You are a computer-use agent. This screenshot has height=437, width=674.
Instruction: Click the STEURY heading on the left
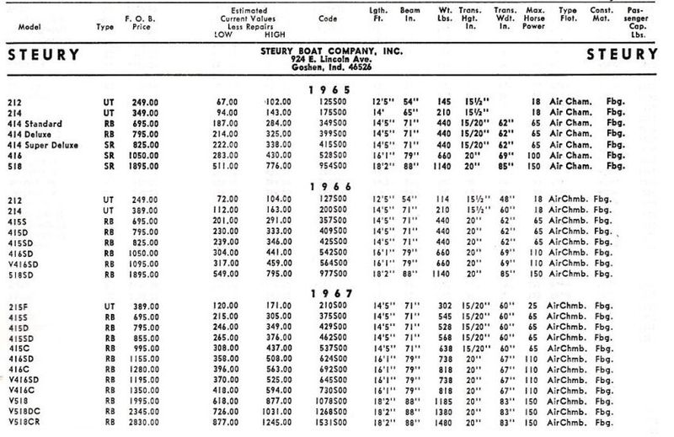click(x=44, y=55)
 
